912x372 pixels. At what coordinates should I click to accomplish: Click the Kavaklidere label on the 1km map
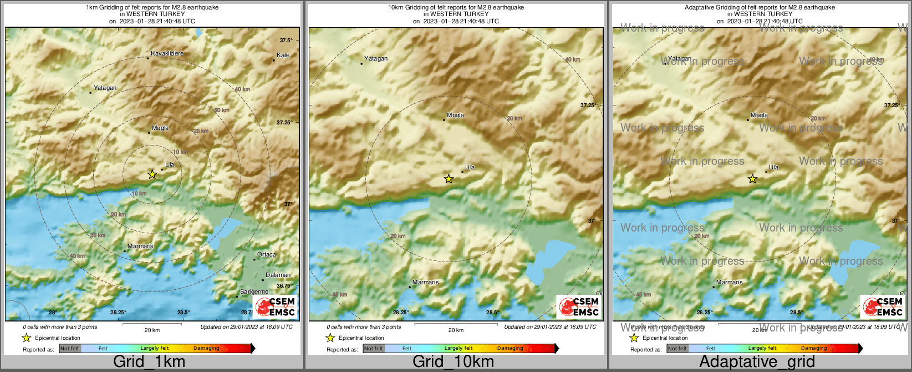click(x=167, y=54)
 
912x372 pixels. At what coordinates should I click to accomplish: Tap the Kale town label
click(x=283, y=56)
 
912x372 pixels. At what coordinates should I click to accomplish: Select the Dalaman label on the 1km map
click(x=278, y=275)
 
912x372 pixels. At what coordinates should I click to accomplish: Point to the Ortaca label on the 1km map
click(x=267, y=255)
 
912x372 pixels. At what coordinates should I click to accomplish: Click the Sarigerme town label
click(x=254, y=292)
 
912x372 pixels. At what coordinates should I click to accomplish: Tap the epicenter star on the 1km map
click(x=152, y=174)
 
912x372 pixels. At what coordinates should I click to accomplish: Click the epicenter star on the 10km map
click(x=449, y=179)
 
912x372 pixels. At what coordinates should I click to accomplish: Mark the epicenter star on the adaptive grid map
click(x=752, y=179)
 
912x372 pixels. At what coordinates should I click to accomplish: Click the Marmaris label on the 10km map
click(x=425, y=283)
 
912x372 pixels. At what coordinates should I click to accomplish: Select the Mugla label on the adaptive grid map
click(x=759, y=115)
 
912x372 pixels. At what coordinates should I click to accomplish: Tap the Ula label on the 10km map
click(x=470, y=167)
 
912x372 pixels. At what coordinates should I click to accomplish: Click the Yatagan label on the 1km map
click(x=105, y=88)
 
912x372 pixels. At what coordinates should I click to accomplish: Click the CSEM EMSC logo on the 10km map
click(x=578, y=307)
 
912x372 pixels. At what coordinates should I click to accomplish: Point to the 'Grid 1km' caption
click(x=149, y=362)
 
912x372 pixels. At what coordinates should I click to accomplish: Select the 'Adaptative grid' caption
click(x=757, y=362)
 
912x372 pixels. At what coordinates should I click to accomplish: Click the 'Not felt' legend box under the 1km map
click(x=70, y=349)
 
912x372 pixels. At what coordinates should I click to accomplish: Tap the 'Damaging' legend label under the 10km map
click(x=510, y=349)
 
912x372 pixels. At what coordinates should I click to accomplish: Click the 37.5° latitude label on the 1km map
click(x=286, y=41)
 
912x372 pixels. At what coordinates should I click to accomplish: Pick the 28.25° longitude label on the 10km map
click(x=401, y=313)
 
